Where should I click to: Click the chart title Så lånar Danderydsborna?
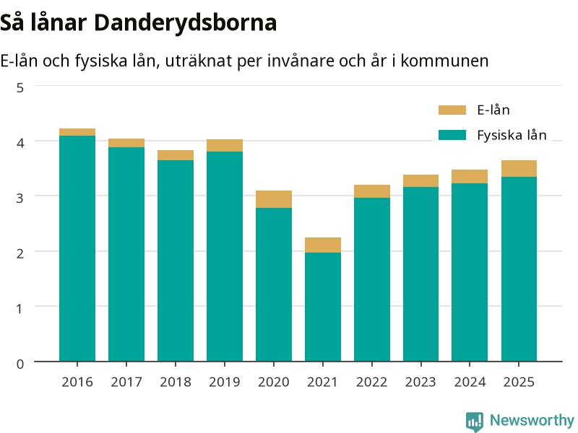[138, 23]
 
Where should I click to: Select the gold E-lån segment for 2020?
[274, 199]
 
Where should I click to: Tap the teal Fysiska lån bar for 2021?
[322, 307]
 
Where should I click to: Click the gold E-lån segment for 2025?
[519, 169]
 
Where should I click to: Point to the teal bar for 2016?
[77, 248]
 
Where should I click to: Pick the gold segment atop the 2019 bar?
[225, 146]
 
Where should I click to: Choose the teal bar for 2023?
[420, 274]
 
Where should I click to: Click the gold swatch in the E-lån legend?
[452, 110]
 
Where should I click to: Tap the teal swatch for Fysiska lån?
[452, 135]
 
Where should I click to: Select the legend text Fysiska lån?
[512, 135]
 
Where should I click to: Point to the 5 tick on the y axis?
[20, 87]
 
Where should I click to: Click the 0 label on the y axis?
[20, 364]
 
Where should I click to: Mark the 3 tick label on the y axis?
[20, 198]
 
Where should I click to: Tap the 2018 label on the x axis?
[176, 382]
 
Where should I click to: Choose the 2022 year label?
[371, 382]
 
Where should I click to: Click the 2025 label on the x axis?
[519, 382]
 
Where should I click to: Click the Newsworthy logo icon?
[475, 421]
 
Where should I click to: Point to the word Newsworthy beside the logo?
[532, 420]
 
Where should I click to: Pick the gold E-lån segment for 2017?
[126, 143]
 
